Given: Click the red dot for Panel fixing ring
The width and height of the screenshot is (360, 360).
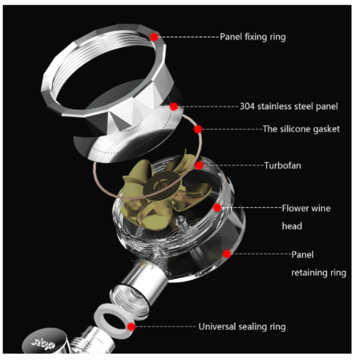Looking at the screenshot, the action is tap(155, 37).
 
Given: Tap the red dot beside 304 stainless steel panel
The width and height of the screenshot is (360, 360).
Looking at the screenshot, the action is tap(174, 107).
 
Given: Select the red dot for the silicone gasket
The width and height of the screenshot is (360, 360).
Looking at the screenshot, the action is tap(197, 129).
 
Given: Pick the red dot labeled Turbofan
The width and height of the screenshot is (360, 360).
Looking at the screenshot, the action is tap(199, 166).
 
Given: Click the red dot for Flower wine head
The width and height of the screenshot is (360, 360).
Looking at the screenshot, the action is tap(217, 208).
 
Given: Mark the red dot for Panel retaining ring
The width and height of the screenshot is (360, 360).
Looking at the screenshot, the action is tap(227, 254).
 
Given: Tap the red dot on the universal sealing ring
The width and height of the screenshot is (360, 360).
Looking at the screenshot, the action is tap(131, 327).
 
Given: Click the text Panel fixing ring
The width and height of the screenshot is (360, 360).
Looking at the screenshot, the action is tap(253, 37).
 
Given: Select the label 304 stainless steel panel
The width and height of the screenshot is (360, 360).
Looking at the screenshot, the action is tap(289, 107).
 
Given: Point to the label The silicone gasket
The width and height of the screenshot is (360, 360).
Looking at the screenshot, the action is tap(301, 129).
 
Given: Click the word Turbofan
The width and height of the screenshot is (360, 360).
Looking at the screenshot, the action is tap(283, 166).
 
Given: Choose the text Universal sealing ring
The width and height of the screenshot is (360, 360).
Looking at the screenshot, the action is tap(242, 327).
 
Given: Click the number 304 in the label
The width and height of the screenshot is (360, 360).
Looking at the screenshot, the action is tap(247, 107).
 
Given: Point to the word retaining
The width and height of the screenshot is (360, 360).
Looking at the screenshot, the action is tap(309, 273).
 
